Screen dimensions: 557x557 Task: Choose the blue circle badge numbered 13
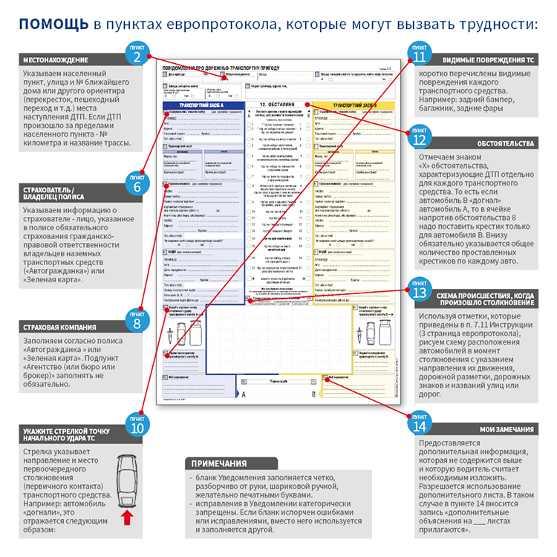click(420, 288)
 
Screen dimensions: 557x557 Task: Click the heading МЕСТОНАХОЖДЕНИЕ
click(56, 59)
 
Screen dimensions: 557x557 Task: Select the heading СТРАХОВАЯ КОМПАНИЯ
click(59, 327)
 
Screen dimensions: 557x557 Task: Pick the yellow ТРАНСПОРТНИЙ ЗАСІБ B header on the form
click(351, 105)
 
